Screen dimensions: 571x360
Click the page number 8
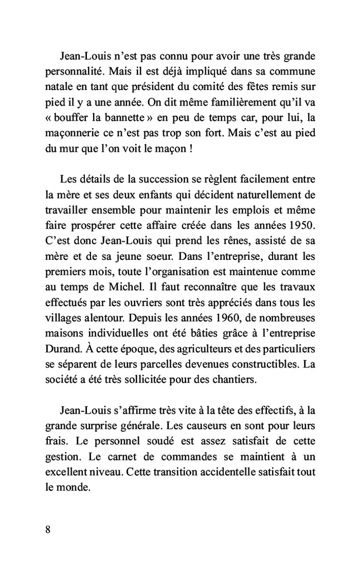[x=47, y=531]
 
